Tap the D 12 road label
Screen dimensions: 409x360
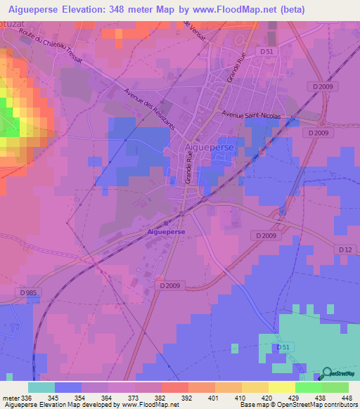point(345,249)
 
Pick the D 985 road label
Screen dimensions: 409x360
point(29,292)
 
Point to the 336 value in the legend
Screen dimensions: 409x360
point(27,398)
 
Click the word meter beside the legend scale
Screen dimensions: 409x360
point(11,398)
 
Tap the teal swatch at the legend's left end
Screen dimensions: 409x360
point(41,387)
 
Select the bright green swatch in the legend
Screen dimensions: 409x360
point(308,387)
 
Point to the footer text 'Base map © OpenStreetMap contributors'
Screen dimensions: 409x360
point(297,405)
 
